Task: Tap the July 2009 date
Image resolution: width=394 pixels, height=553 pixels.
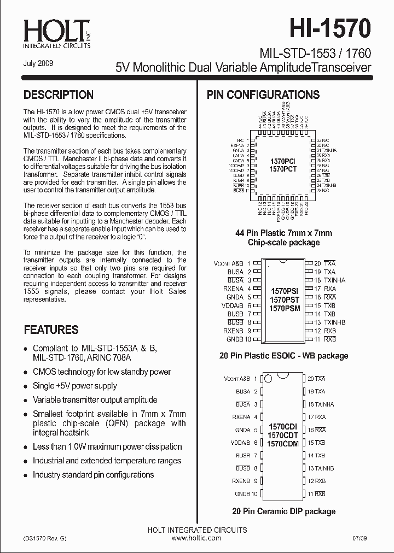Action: click(38, 63)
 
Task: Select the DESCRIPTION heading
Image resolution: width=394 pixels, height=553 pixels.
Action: click(59, 95)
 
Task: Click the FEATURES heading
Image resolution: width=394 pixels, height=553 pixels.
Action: click(51, 330)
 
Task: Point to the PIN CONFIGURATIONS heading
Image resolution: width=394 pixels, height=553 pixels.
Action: click(263, 95)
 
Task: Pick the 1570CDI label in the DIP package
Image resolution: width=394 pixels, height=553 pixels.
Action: click(283, 426)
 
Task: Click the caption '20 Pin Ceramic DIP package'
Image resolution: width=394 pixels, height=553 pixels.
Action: click(283, 511)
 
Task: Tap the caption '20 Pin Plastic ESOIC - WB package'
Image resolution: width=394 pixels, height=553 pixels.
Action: click(283, 356)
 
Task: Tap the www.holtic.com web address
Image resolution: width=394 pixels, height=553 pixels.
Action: click(196, 538)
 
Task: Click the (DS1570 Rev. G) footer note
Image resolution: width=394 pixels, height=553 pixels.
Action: click(45, 538)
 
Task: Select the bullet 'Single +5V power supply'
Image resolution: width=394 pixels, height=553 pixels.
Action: click(75, 386)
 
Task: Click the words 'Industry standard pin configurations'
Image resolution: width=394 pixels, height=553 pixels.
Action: click(94, 475)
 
